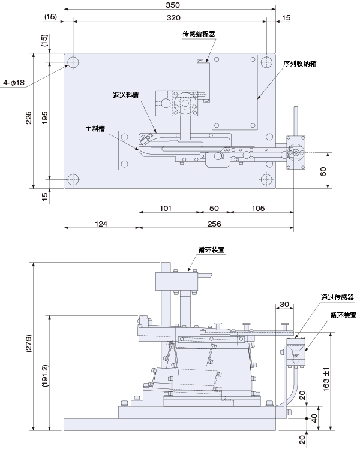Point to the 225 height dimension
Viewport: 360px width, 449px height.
(29, 120)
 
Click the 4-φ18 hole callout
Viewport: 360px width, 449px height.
(14, 82)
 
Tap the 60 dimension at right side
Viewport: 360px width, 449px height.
(323, 171)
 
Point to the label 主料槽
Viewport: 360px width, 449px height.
(95, 128)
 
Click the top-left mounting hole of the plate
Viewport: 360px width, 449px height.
(73, 62)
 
